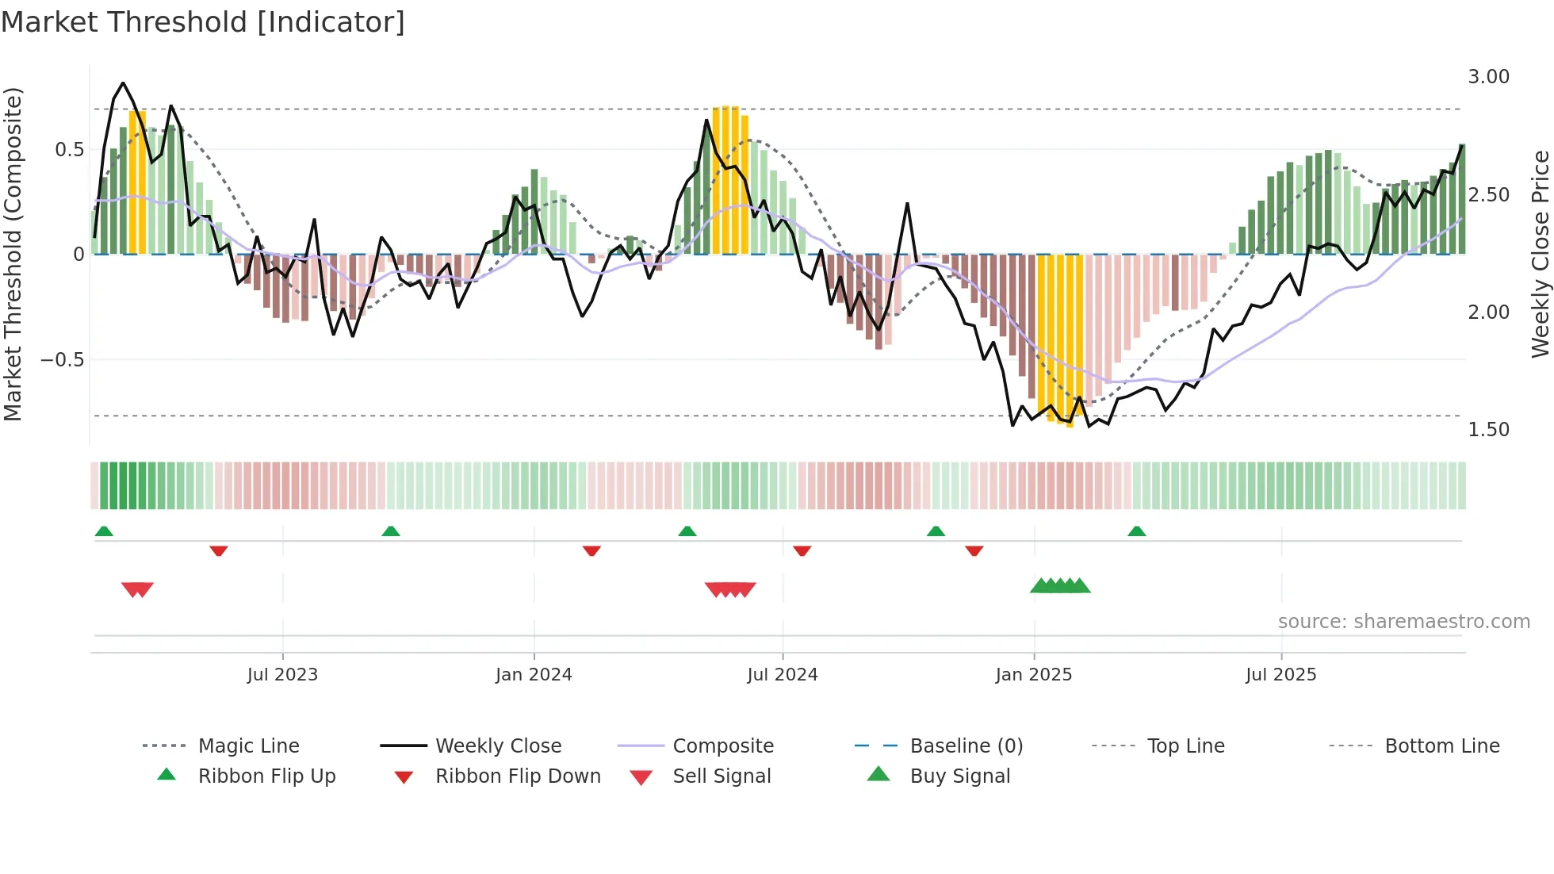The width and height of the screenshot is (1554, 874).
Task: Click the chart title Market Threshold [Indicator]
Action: coord(203,22)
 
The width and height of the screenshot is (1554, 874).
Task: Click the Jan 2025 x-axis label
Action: coord(1033,674)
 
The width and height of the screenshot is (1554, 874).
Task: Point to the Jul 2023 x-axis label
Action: coord(282,674)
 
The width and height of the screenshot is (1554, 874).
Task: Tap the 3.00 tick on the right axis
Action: coord(1488,77)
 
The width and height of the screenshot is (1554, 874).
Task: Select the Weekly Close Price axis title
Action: coord(1540,254)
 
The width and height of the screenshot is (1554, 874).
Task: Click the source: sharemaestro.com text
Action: coord(1403,621)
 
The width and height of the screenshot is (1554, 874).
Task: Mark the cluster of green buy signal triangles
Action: coord(1060,586)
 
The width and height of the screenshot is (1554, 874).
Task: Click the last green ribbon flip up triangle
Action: coord(1136,531)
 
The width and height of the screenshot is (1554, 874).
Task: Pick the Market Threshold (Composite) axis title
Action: coord(13,254)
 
